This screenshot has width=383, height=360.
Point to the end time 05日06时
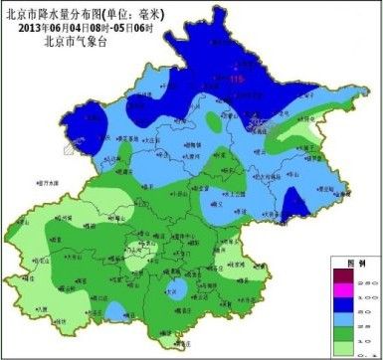133,28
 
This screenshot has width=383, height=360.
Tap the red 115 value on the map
236,79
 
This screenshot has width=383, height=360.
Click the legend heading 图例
350,262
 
